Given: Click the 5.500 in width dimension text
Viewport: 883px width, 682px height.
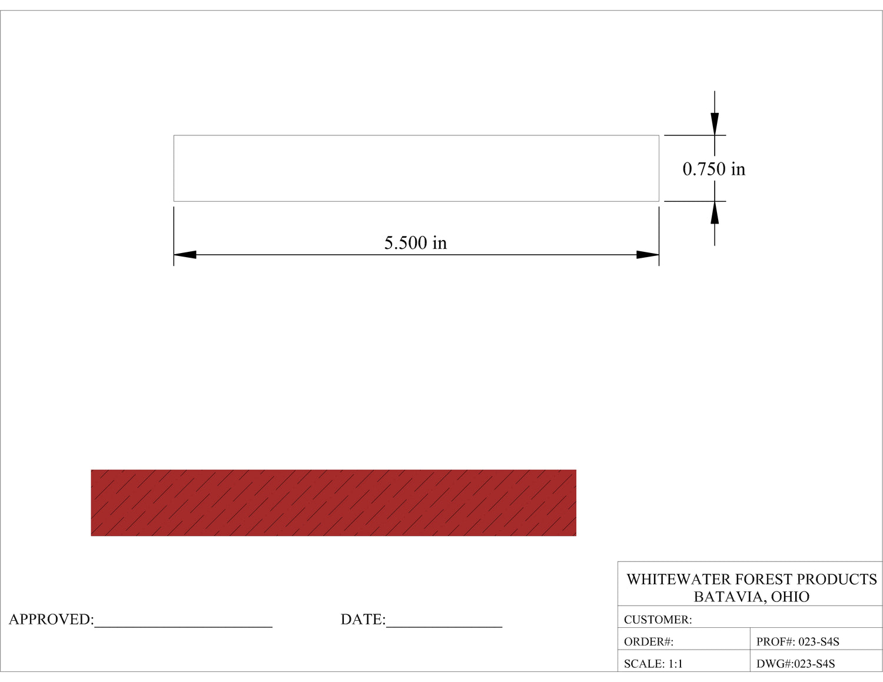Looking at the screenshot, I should pos(415,243).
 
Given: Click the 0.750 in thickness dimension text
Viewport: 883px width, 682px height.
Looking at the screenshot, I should pos(713,169).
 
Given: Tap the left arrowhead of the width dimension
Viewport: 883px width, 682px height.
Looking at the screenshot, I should pos(185,255).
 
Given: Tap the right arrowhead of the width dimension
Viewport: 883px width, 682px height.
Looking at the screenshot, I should pos(648,255).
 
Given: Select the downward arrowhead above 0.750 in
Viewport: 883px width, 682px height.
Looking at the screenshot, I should pos(715,124).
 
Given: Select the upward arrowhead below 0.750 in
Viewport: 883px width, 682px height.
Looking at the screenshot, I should pos(715,212).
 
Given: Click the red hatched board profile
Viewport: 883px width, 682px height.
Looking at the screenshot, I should pos(333,503).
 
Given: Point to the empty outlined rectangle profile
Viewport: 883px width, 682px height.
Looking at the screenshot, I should pos(416,168).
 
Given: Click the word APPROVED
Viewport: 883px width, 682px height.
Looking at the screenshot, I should pos(51,620).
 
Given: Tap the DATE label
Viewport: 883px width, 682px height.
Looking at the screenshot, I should pos(363,620).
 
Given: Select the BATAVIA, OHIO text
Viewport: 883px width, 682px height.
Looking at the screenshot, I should pos(751,597).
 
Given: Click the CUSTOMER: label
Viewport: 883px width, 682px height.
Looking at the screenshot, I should pos(658,620).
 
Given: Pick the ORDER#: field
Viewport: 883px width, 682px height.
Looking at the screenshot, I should pos(649,642).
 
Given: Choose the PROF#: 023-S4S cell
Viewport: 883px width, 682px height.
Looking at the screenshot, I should pos(798,642).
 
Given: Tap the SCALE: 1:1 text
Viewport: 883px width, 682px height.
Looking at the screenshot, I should pos(653,664).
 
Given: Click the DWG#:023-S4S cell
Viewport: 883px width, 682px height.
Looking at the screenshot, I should pos(795,664).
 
